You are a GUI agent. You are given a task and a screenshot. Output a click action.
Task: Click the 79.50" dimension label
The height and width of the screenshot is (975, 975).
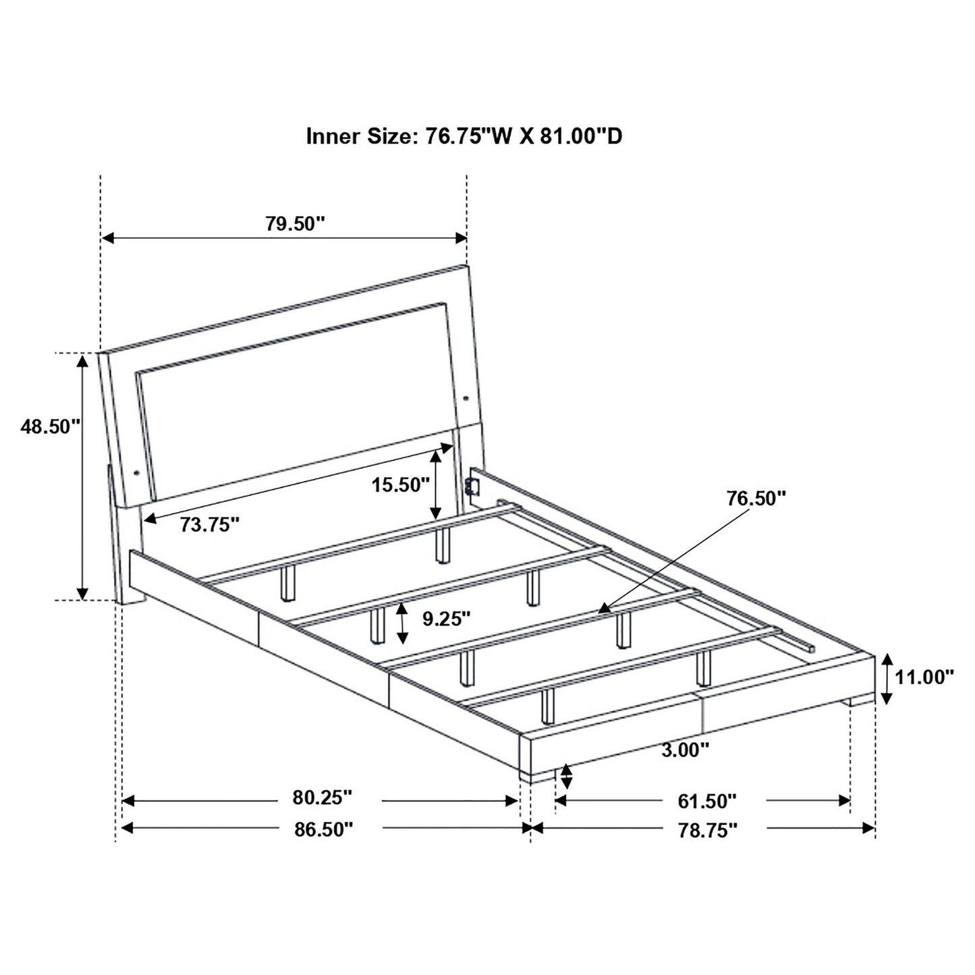[295, 224]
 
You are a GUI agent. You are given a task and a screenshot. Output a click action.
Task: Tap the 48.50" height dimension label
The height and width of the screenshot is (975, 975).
[50, 427]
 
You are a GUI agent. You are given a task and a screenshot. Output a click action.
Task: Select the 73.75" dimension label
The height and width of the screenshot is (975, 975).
[210, 524]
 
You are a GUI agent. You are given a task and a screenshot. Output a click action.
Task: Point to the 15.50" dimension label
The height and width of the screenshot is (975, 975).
[399, 484]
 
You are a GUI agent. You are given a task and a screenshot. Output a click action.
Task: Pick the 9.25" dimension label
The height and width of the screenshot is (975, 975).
[446, 617]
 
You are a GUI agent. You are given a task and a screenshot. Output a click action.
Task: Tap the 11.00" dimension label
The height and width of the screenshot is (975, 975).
[924, 677]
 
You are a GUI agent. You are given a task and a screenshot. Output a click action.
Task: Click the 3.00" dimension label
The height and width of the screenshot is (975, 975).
[685, 749]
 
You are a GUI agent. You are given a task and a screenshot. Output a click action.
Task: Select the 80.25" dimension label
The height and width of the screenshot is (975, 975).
[323, 798]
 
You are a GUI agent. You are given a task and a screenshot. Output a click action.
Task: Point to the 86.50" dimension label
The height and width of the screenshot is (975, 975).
[323, 829]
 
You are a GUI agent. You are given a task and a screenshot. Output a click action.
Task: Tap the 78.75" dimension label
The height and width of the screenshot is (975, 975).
[706, 831]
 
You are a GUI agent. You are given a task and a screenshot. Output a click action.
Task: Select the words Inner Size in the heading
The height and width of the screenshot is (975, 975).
[358, 137]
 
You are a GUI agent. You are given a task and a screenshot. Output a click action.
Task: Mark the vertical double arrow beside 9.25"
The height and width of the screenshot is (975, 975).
[403, 622]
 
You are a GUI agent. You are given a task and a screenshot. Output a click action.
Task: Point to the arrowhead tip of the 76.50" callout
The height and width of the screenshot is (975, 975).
[603, 609]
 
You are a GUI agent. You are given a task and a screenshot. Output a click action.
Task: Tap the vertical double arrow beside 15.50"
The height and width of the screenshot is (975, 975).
[437, 483]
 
